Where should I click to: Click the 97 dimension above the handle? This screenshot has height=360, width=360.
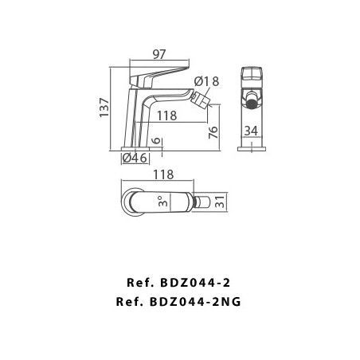[x=159, y=54]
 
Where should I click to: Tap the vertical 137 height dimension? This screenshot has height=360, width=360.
[x=104, y=108]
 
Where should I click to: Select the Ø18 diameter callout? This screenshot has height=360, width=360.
[x=206, y=81]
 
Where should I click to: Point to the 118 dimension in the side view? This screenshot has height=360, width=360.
[x=166, y=115]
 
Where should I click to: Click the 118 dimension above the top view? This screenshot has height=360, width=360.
[x=163, y=174]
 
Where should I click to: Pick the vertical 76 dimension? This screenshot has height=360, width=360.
[x=213, y=132]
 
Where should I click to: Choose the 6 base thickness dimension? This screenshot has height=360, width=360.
[x=157, y=140]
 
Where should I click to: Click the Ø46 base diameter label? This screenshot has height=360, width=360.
[x=135, y=158]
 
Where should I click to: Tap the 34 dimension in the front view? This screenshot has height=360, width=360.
[x=251, y=131]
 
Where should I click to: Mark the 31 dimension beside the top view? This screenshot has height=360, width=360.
[x=220, y=202]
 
